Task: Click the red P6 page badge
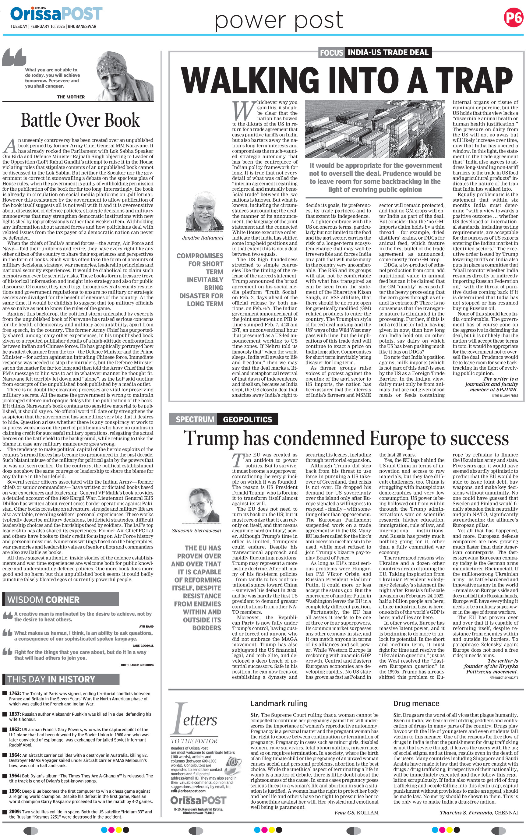point(513,17)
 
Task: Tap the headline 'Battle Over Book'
point(80,120)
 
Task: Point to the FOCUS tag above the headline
point(331,53)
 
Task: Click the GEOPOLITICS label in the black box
point(247,419)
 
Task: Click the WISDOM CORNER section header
point(43,600)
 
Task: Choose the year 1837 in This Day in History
point(16,714)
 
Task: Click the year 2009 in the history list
point(15,812)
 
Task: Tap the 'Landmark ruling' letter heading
point(279,703)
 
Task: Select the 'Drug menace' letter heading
point(416,703)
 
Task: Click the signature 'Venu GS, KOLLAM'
point(356,812)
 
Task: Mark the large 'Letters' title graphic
point(195,718)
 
